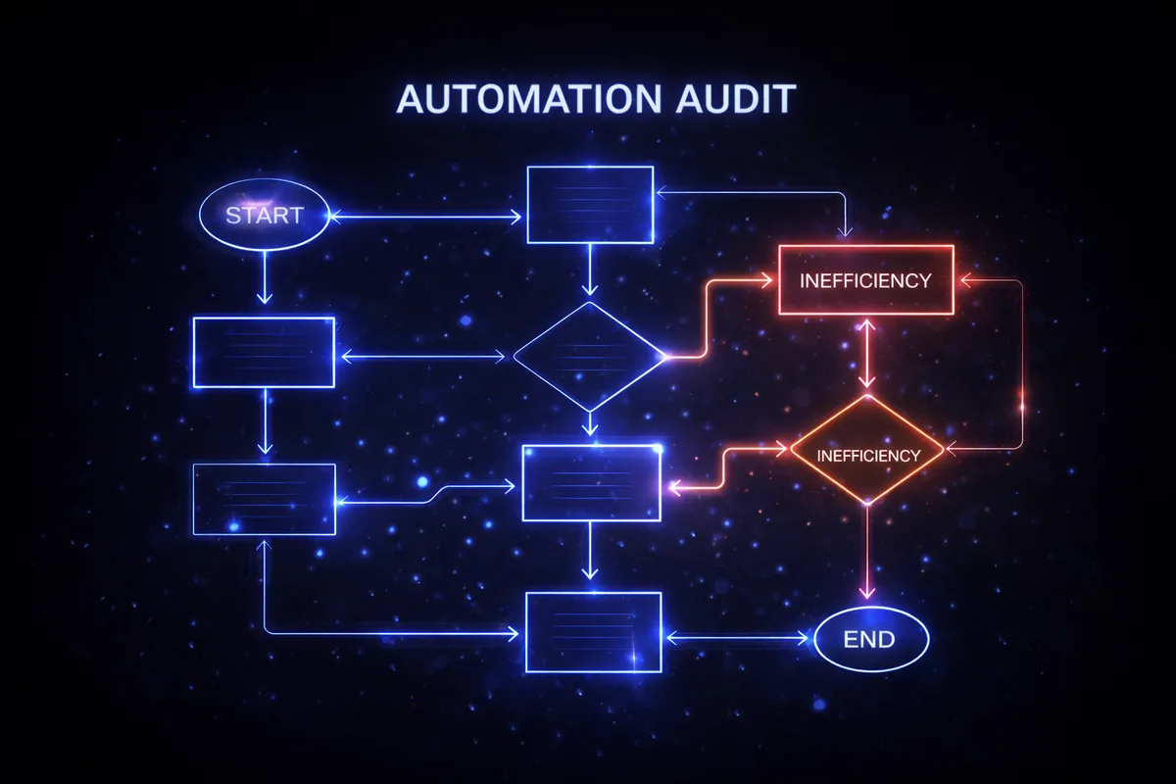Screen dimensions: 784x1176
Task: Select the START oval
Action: point(264,216)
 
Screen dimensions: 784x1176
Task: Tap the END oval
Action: point(870,640)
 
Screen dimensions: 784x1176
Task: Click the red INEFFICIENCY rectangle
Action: point(865,280)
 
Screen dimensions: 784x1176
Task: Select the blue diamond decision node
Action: point(589,357)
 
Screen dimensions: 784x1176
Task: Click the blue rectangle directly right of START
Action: point(590,205)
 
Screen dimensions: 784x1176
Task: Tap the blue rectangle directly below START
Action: point(264,352)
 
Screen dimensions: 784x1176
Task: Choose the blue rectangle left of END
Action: point(594,632)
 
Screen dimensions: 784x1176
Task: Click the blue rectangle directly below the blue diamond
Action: point(591,482)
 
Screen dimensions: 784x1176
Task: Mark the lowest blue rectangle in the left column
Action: point(264,499)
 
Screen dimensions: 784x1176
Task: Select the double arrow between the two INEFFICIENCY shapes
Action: point(866,353)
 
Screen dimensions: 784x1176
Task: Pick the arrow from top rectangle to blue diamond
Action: point(589,269)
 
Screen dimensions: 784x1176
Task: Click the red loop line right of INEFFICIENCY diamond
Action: point(1022,372)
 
